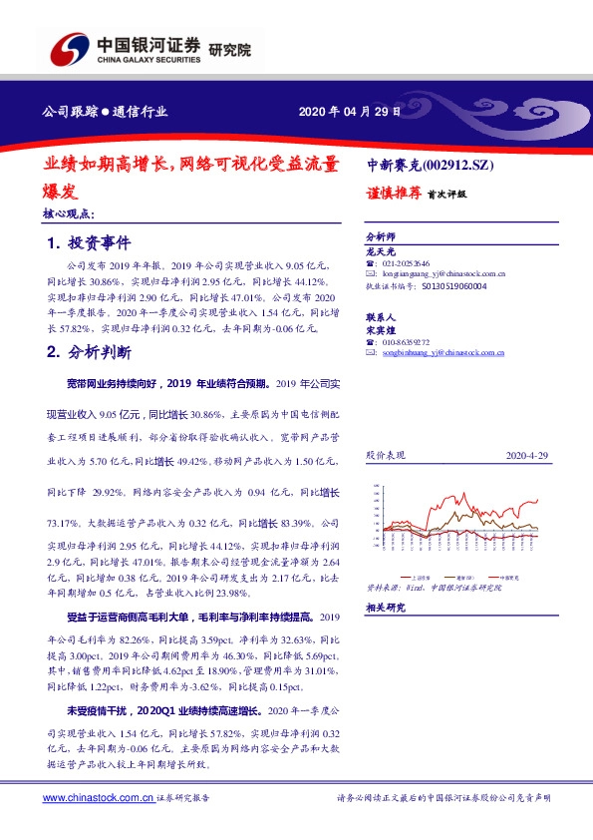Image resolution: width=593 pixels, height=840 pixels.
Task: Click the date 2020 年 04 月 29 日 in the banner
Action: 350,113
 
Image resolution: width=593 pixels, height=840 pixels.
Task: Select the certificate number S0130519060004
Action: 452,285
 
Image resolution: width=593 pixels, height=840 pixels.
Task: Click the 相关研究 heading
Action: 385,608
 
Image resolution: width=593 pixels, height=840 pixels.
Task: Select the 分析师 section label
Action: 381,236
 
